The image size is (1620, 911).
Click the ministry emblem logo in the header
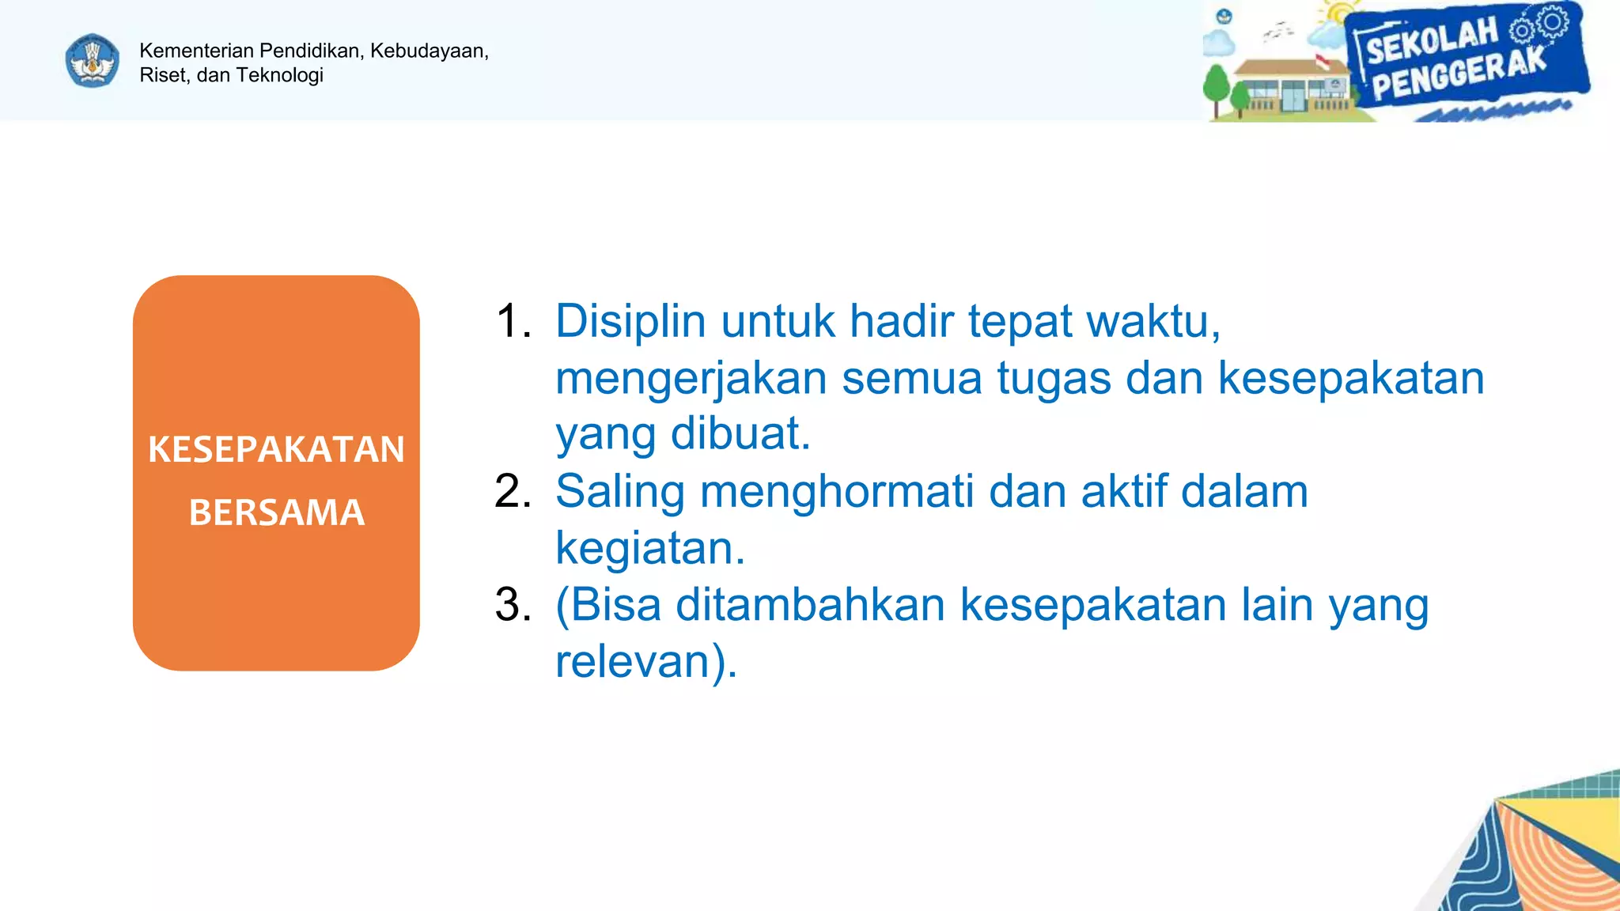tap(93, 61)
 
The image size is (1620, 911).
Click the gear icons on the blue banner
tap(1539, 24)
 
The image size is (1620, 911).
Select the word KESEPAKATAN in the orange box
tap(276, 449)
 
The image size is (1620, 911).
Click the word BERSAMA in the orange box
tap(276, 512)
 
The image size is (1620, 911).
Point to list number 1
tap(512, 322)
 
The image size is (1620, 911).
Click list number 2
tap(512, 491)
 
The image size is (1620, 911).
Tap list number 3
tap(512, 605)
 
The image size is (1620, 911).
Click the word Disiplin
tap(630, 322)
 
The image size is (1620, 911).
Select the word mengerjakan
tap(691, 379)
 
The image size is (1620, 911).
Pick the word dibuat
tap(740, 434)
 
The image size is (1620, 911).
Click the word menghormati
tap(837, 491)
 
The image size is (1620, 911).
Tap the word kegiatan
tap(649, 548)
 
